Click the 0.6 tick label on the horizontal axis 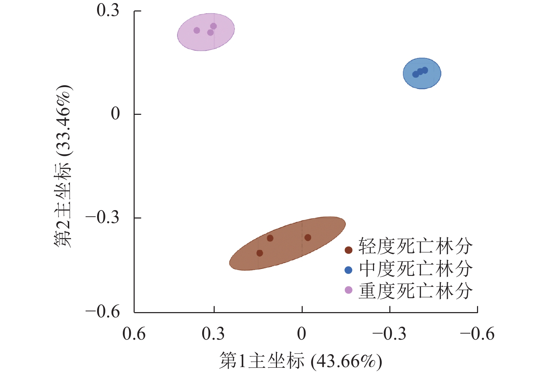134,334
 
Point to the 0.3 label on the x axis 213,334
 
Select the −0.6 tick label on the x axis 477,334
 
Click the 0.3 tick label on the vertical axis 108,10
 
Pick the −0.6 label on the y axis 103,312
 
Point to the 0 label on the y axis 115,114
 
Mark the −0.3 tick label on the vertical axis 103,217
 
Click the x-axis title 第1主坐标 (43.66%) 301,361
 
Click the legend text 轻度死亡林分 415,247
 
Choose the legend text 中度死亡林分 415,269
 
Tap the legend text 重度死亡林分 415,291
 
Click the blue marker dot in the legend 348,270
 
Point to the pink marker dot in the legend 348,290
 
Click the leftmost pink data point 197,31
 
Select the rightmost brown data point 308,238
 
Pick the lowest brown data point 260,253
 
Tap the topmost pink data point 214,26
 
